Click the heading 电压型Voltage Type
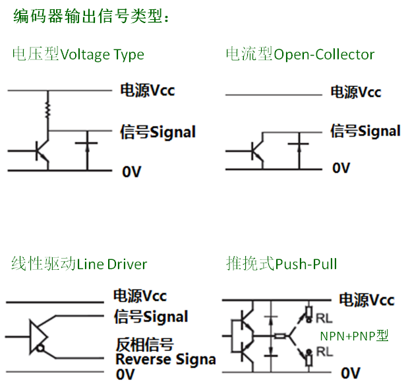coord(78,54)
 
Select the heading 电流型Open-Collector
coord(300,54)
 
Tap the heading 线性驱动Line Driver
coord(79,265)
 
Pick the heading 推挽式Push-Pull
coord(281,265)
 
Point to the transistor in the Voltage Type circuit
coord(42,151)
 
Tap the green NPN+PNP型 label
coord(354,336)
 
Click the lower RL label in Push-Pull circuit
coord(324,352)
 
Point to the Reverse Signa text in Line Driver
coord(165,360)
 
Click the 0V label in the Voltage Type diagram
coord(131,172)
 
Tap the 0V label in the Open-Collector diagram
coord(341,168)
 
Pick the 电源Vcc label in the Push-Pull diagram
coord(366,300)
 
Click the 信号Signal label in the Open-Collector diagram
coord(365,131)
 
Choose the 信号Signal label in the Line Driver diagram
coord(151,317)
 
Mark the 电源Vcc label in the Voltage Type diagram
coord(147,90)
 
